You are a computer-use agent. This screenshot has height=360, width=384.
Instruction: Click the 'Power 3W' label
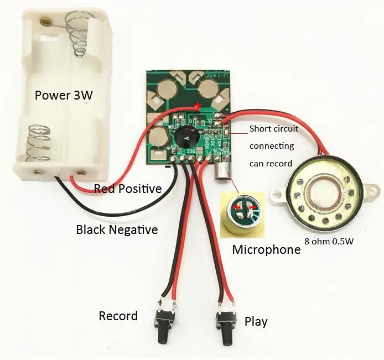click(x=64, y=95)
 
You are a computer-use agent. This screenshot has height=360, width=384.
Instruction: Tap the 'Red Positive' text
click(x=128, y=189)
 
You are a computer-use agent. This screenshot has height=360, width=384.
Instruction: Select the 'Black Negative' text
click(x=117, y=229)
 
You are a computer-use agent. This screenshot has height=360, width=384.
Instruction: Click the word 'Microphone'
click(x=266, y=249)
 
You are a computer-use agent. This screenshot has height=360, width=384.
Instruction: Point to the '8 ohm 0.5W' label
click(x=329, y=241)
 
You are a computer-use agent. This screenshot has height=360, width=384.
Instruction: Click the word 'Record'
click(x=118, y=316)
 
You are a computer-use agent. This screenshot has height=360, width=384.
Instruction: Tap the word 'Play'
click(x=256, y=321)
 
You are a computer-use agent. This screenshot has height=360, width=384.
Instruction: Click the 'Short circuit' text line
click(x=274, y=129)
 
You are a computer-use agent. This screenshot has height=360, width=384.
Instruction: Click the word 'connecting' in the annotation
click(x=272, y=146)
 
